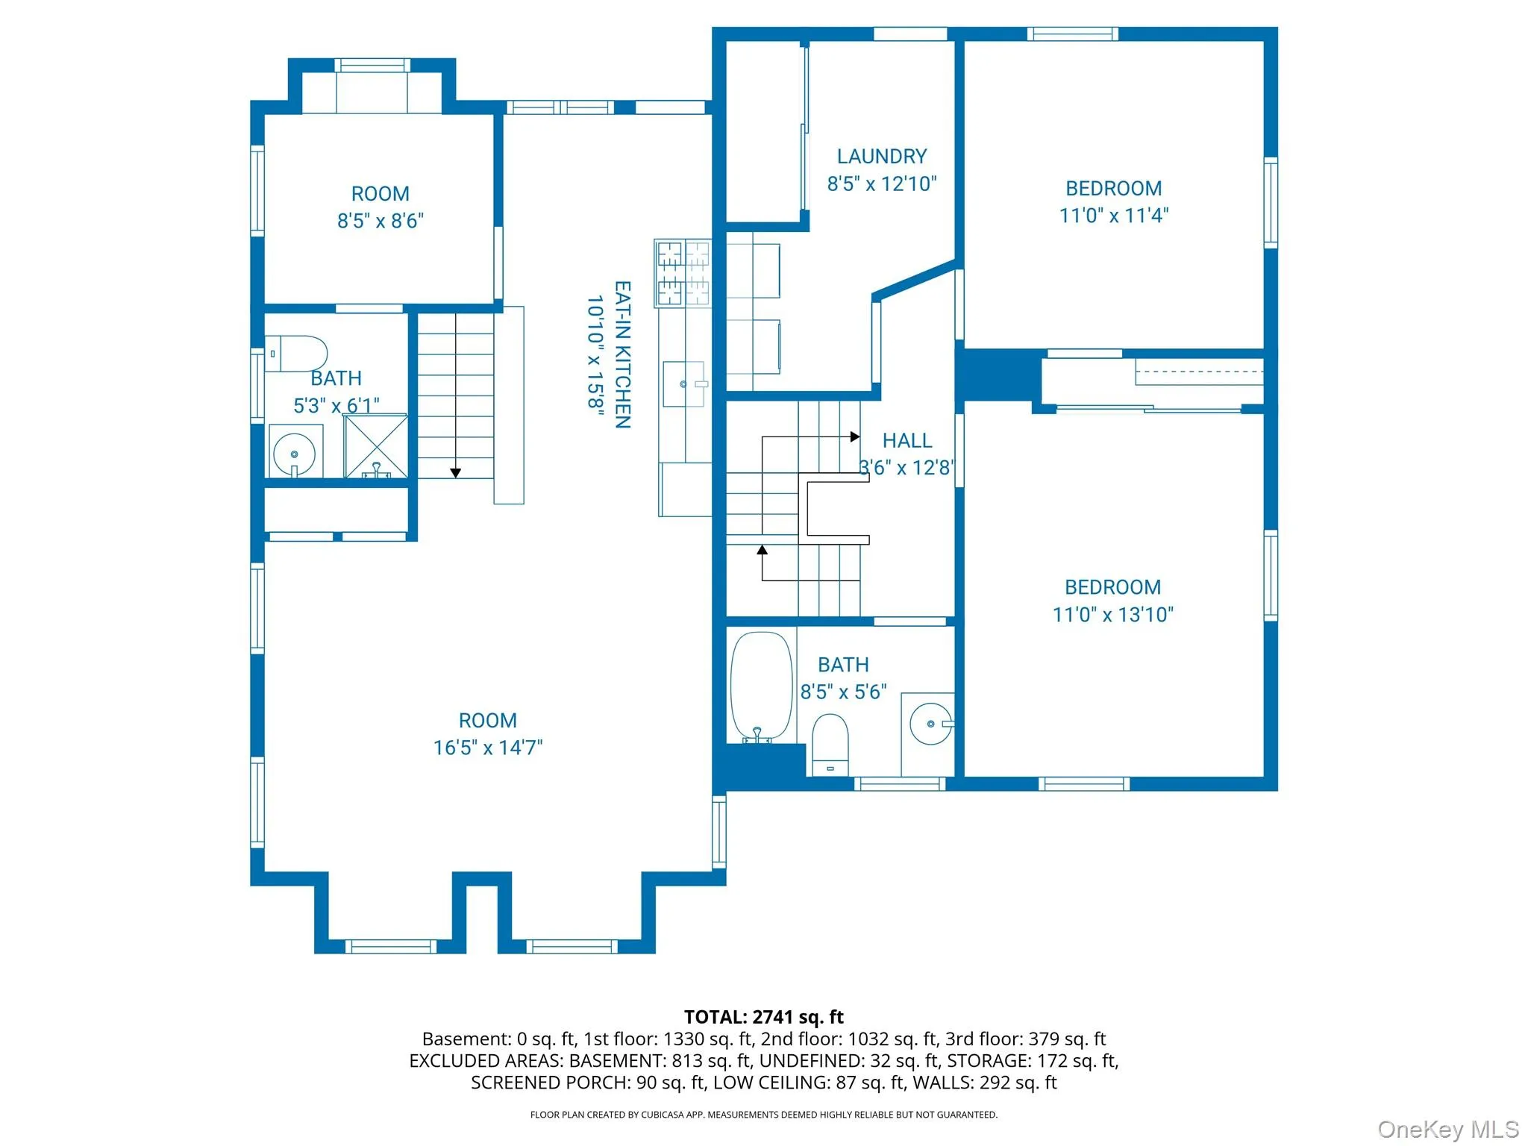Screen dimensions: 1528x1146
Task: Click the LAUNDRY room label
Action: tap(881, 157)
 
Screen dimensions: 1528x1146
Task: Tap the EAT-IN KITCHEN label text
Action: tap(623, 354)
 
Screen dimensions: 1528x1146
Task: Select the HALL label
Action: tap(907, 441)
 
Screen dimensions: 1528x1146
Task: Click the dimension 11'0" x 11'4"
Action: tap(1113, 216)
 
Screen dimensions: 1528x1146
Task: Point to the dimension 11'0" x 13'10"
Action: tap(1112, 615)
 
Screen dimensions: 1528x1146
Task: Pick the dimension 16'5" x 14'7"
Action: tap(488, 748)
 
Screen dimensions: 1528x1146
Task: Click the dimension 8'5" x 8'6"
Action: tap(381, 221)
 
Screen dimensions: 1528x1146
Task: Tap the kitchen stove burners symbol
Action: tap(683, 273)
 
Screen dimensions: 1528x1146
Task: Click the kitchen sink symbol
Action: tap(684, 383)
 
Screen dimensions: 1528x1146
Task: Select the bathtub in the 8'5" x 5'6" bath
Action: tap(761, 687)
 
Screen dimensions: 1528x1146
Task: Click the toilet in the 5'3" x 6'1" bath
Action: tap(296, 354)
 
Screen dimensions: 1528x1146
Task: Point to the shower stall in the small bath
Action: tap(375, 446)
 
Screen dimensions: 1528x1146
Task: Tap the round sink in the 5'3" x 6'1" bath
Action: tap(295, 453)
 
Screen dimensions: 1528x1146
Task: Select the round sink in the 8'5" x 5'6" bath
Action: tap(931, 723)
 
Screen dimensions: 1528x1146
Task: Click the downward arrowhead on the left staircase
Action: tap(455, 473)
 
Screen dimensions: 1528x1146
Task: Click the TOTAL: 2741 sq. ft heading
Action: tap(763, 1017)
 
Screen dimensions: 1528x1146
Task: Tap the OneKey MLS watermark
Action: tap(1448, 1130)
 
